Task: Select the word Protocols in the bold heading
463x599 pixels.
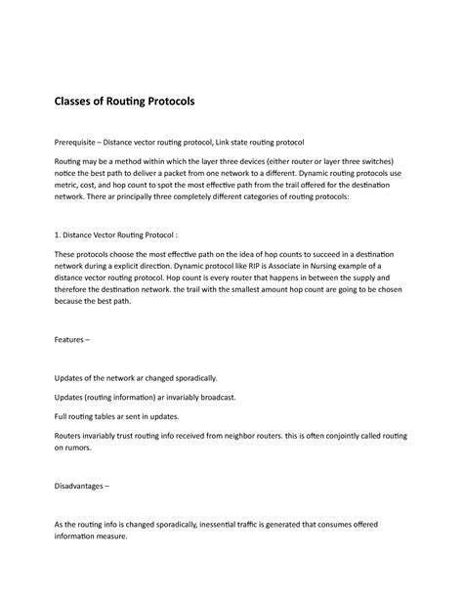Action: point(168,101)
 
